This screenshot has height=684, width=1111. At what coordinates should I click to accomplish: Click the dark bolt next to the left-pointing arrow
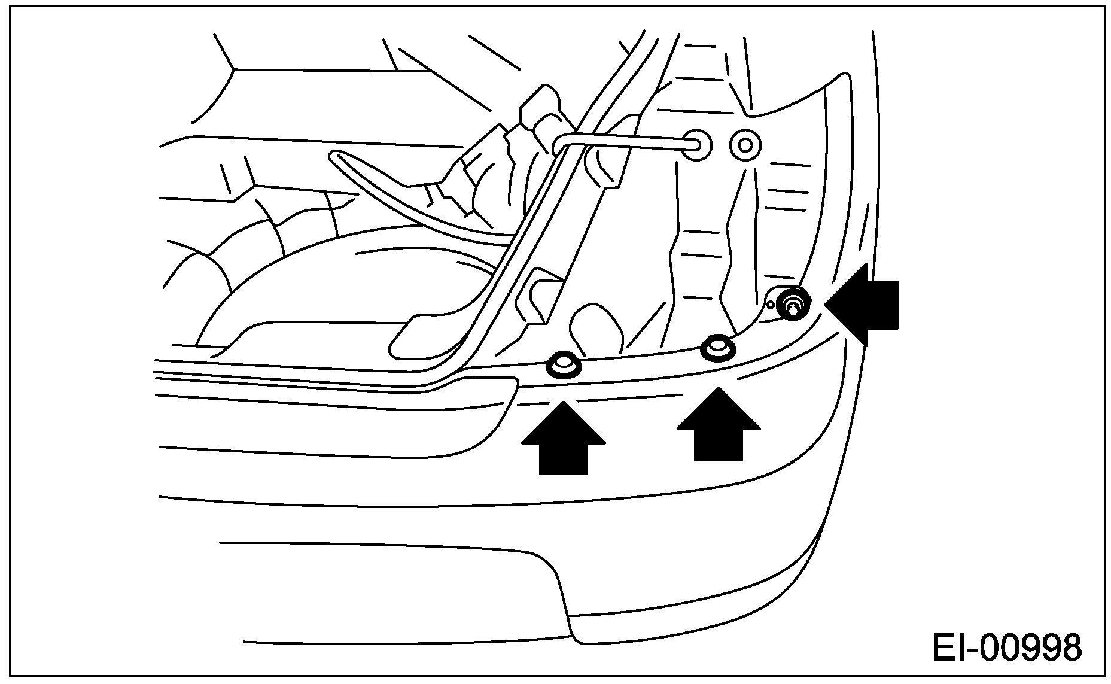(x=793, y=303)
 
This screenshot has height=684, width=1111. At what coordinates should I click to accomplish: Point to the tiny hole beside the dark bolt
(x=771, y=305)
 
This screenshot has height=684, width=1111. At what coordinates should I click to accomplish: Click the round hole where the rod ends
(x=697, y=144)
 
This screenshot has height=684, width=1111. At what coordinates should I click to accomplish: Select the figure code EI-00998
(x=1006, y=648)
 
